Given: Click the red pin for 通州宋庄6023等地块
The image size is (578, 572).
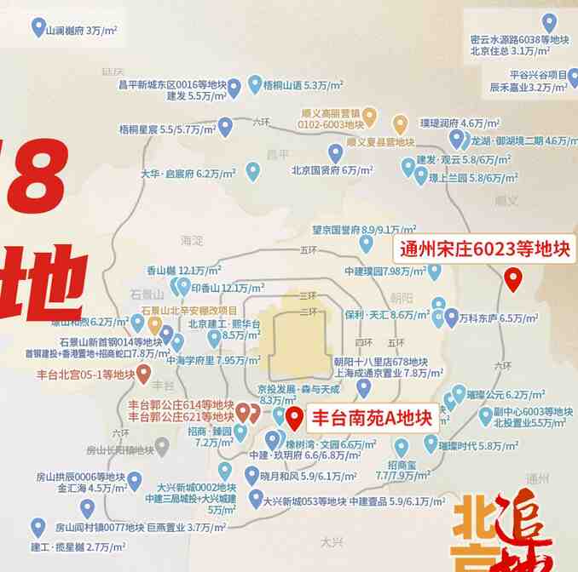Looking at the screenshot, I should (512, 278).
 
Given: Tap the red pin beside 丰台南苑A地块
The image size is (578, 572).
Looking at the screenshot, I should (294, 418).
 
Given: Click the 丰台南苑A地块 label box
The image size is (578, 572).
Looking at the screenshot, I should (371, 418).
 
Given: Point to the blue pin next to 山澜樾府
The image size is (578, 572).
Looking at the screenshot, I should (38, 27).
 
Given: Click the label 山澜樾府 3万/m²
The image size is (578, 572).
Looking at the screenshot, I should (82, 31).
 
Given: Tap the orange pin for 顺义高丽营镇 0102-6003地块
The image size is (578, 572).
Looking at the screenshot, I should (369, 116).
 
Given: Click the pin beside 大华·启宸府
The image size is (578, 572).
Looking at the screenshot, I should (252, 170).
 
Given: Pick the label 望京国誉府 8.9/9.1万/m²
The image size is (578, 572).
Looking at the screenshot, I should (363, 230).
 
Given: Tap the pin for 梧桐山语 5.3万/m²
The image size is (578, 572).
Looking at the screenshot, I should (255, 83).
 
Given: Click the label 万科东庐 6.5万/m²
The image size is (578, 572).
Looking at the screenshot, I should (498, 318).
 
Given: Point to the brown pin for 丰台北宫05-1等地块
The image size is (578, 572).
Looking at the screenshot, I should (144, 372).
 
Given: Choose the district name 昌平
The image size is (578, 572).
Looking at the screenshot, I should (278, 154).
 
